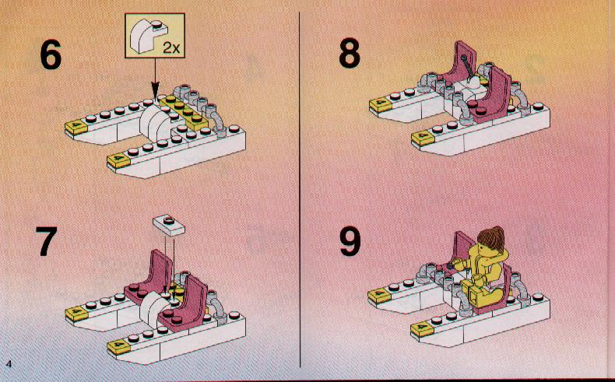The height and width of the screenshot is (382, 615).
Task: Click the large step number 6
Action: click(51, 55)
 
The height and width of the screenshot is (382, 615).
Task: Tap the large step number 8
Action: click(350, 52)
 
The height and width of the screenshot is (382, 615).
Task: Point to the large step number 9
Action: click(350, 242)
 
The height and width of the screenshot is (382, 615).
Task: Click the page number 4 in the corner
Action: click(9, 363)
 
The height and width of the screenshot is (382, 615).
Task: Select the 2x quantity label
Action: click(171, 48)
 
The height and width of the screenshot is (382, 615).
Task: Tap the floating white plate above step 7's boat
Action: click(169, 225)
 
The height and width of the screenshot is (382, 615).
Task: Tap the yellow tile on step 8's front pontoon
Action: click(423, 138)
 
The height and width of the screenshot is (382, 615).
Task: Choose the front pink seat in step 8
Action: click(493, 95)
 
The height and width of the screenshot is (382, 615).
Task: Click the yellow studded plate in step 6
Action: click(187, 111)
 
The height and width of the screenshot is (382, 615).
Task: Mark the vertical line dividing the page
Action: click(300, 189)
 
